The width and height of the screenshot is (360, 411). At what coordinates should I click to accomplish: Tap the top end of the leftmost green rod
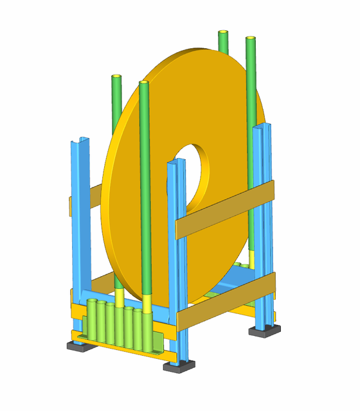116,78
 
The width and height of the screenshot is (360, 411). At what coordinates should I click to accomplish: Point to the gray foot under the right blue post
265,330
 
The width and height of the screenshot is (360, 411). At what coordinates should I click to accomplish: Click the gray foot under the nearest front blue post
179,366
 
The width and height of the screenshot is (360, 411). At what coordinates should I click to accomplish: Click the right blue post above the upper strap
264,154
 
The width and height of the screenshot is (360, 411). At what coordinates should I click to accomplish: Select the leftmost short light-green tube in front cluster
91,321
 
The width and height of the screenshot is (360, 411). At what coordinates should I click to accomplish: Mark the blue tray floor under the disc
238,276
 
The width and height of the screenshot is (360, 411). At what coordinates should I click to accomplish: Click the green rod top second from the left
143,85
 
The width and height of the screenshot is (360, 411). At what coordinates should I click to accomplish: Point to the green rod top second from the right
223,33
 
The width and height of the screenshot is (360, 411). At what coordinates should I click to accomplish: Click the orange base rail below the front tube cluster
122,353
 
